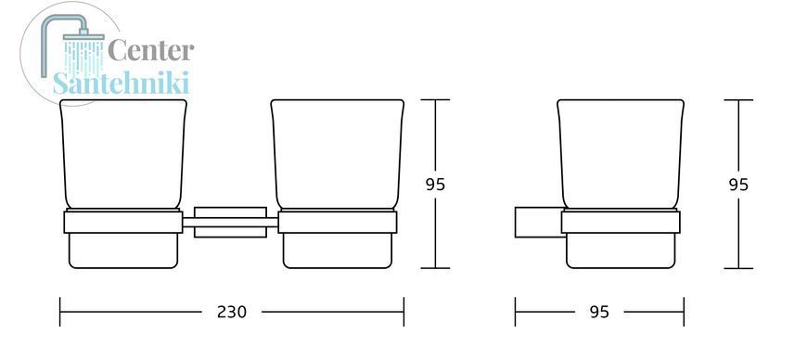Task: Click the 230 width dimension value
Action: [232, 312]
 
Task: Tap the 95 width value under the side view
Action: [599, 312]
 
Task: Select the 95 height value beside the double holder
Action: [435, 185]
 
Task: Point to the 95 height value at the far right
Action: [738, 185]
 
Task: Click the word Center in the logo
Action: [151, 51]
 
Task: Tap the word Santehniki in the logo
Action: [122, 83]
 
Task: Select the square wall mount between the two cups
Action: [230, 222]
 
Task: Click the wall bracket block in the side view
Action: [538, 222]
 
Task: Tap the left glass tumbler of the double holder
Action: [123, 155]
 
